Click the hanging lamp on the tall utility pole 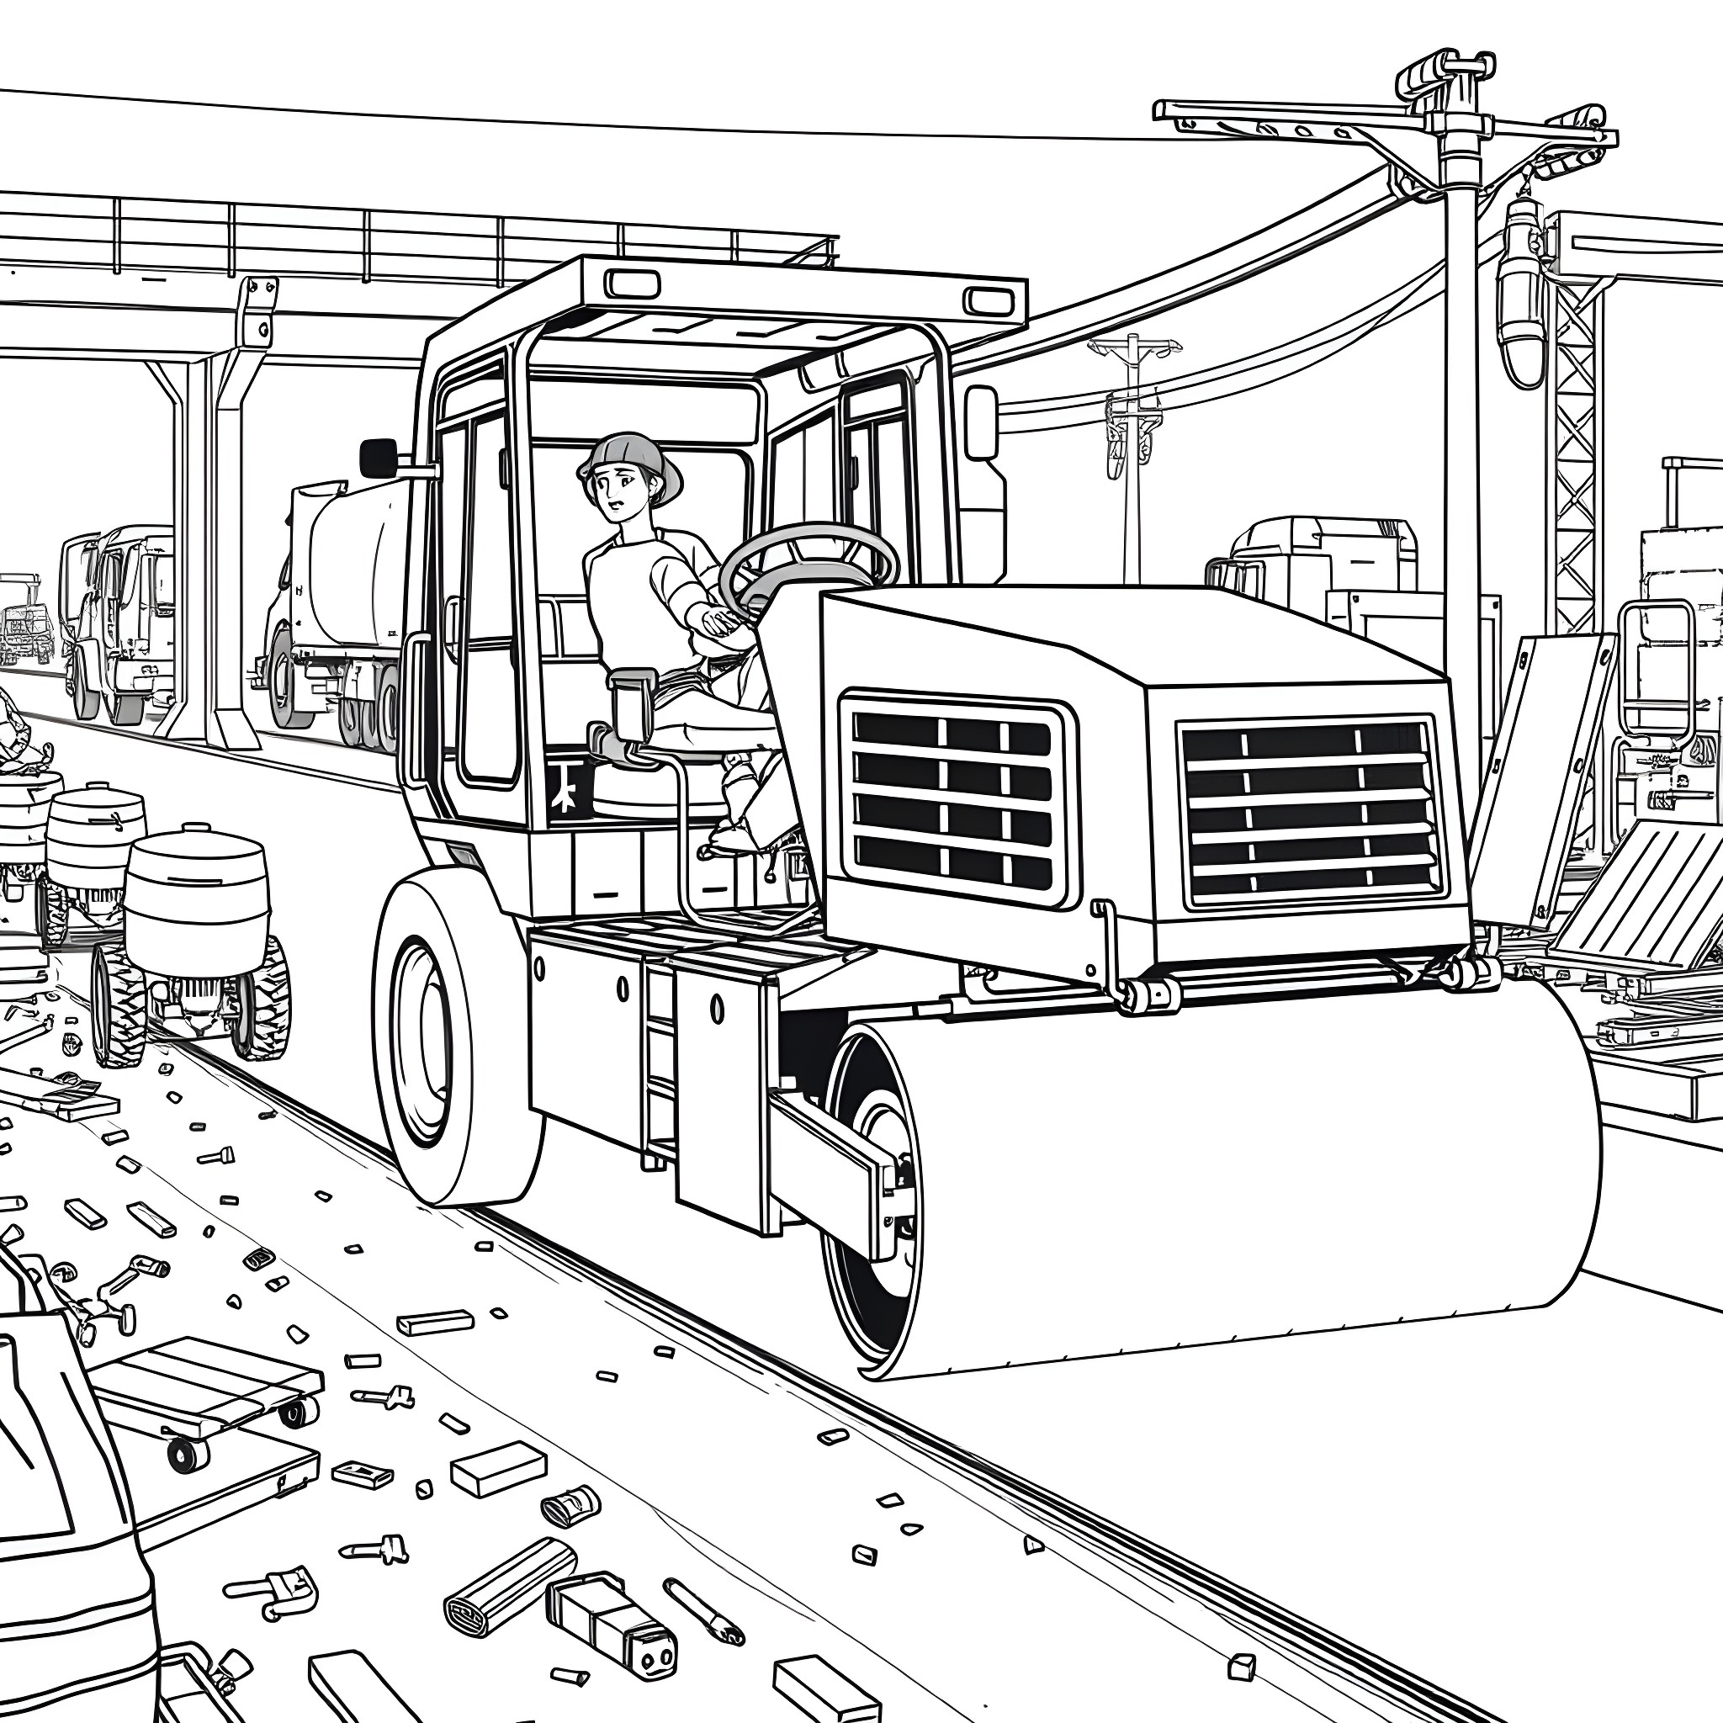[x=1520, y=294]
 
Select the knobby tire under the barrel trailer [x=119, y=1004]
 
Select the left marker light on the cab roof [x=634, y=284]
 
